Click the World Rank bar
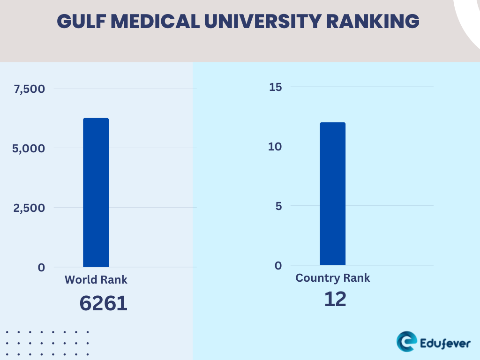(x=96, y=192)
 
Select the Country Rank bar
(x=332, y=194)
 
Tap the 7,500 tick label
(x=30, y=89)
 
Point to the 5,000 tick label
(x=30, y=148)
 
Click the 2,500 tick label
(x=30, y=208)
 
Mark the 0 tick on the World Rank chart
(x=42, y=267)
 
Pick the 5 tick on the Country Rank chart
(x=278, y=206)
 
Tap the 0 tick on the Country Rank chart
(x=278, y=265)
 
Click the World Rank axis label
(x=96, y=280)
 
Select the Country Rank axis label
(x=333, y=278)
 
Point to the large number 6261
(x=103, y=303)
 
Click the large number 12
(x=335, y=300)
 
